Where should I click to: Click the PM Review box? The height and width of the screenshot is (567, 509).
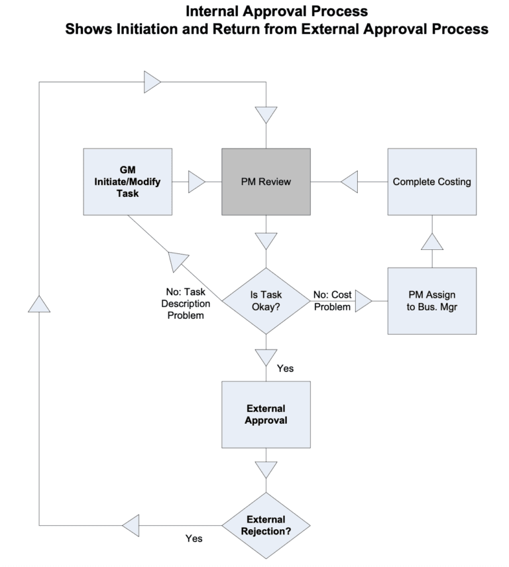point(266,182)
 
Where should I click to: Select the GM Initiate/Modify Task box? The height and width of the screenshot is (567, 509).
point(127,182)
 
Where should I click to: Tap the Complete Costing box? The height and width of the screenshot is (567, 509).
point(431,182)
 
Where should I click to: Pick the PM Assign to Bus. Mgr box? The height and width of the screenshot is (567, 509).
point(431,300)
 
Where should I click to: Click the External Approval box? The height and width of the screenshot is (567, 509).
point(266,414)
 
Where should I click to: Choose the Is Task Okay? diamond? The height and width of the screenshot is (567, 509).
point(266,300)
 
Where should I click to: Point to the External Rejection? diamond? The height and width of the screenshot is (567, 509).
point(266,526)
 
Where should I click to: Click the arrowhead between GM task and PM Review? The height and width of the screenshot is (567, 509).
point(197,182)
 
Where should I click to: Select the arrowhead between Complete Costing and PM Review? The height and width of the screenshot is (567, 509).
point(349,182)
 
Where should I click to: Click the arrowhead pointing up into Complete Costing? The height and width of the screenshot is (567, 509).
point(431,241)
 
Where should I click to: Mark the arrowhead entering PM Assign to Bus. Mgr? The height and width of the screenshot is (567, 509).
point(363,302)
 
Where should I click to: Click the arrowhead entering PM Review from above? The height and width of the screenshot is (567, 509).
point(266,115)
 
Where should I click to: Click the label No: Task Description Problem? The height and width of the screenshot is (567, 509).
point(188,304)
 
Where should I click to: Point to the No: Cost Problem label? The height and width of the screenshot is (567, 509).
point(333,300)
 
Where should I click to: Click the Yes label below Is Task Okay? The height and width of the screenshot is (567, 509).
point(286,367)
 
